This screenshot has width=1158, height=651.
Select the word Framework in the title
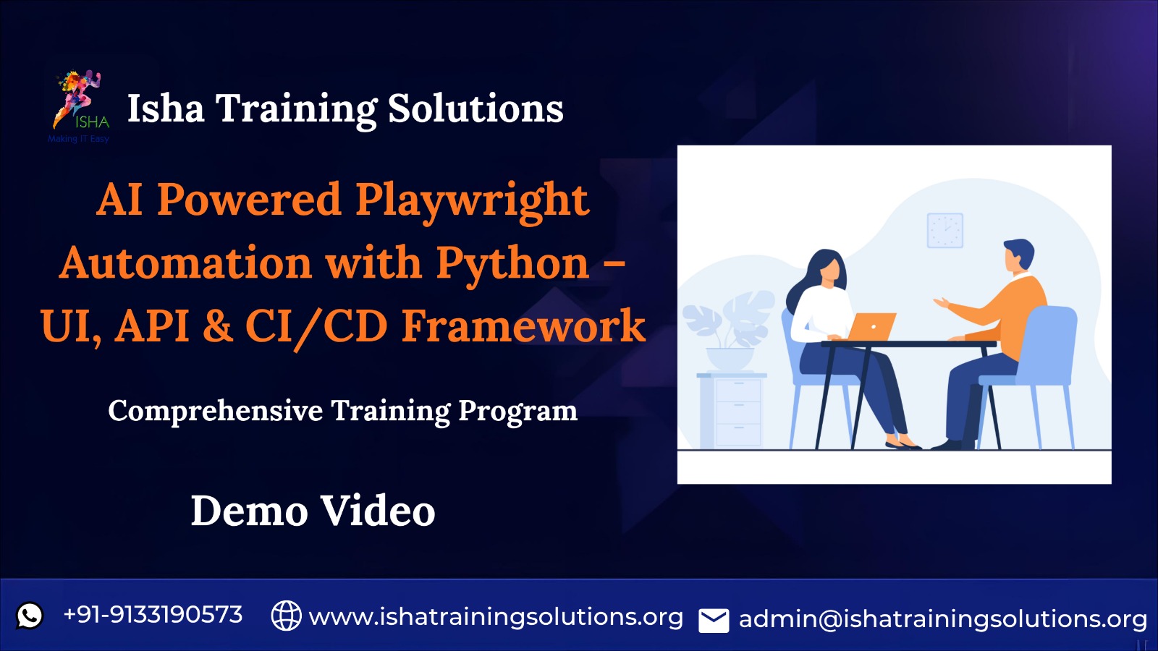coord(524,326)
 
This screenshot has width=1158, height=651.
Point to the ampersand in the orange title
coord(218,326)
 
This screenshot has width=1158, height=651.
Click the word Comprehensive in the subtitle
coord(216,412)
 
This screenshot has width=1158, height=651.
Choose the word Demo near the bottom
coord(249,511)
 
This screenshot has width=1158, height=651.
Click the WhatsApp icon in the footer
coord(30,616)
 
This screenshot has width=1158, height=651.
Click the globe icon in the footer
coord(286,616)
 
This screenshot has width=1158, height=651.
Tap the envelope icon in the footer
coord(714,621)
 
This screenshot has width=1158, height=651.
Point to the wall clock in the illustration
coord(945,231)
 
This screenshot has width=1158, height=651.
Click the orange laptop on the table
coord(871,326)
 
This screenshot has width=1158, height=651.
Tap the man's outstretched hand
coord(942,302)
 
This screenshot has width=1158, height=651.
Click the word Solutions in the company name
coord(476,109)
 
